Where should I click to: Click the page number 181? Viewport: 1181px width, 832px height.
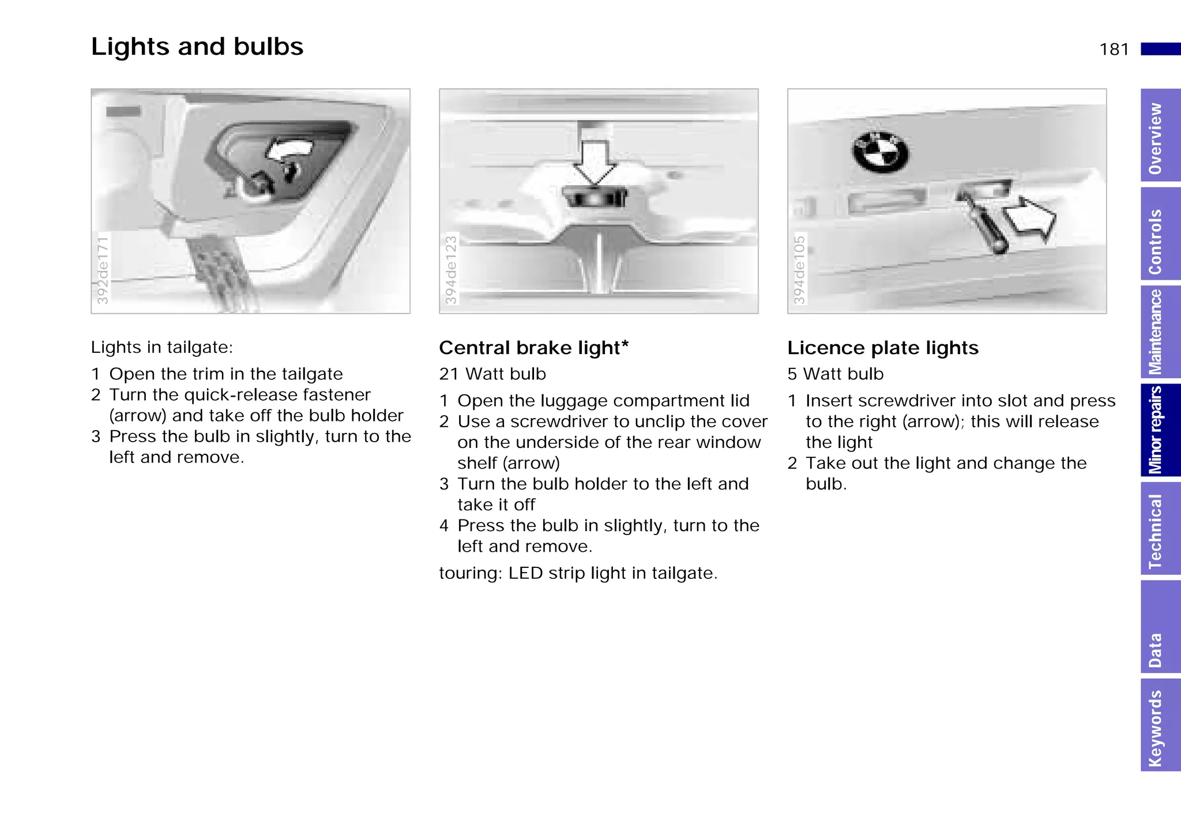tap(1114, 50)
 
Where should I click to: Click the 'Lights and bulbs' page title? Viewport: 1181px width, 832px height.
tap(197, 47)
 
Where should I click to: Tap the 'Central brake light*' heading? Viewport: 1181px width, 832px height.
tap(533, 348)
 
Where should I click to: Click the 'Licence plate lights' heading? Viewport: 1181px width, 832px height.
tap(883, 348)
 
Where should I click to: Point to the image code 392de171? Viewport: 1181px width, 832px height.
tap(103, 269)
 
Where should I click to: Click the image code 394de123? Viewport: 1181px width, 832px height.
tap(451, 269)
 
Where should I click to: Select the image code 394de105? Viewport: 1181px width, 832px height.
tap(799, 269)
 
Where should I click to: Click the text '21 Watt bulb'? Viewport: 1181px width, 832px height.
tap(492, 374)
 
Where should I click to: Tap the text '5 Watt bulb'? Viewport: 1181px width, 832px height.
tap(836, 374)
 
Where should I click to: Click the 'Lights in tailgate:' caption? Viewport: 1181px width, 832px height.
tap(162, 348)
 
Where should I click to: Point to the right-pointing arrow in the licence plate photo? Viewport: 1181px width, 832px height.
tap(1030, 220)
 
